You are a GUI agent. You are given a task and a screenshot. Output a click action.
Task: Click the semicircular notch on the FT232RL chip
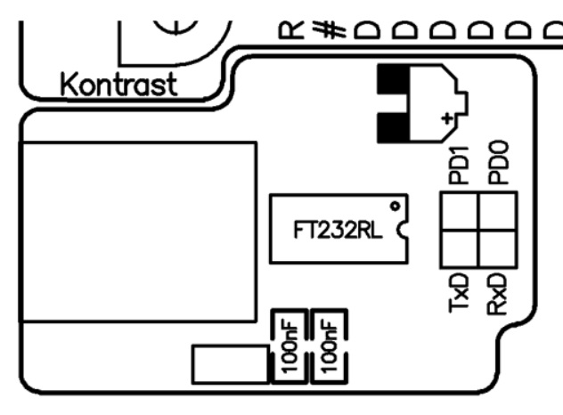pos(403,233)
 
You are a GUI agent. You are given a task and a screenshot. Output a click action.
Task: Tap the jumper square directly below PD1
pos(459,212)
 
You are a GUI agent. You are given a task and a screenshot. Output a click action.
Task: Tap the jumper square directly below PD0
pos(496,212)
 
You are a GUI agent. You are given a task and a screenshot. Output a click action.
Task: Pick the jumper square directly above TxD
pos(459,249)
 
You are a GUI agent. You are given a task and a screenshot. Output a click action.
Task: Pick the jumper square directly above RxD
pos(496,249)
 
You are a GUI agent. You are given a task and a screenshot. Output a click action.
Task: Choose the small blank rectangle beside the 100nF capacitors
pos(230,363)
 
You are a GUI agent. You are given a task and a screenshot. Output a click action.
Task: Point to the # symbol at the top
pos(332,28)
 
